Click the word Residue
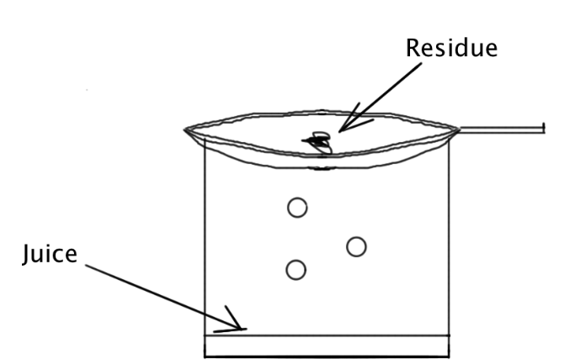(452, 48)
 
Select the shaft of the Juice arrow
(160, 295)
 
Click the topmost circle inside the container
(296, 207)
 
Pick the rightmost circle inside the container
(356, 245)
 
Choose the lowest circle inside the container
(296, 269)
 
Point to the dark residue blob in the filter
(319, 142)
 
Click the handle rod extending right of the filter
(502, 129)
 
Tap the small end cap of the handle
(545, 128)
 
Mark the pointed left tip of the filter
(187, 129)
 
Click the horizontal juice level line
(328, 335)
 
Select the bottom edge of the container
(328, 357)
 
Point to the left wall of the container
(205, 252)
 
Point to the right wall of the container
(450, 252)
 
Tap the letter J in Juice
(27, 253)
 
